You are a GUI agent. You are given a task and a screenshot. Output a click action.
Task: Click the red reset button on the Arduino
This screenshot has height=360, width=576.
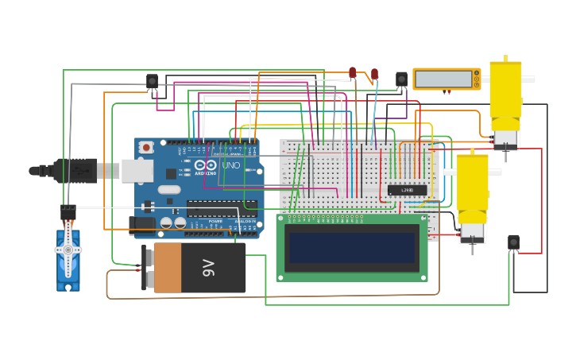[x=146, y=147]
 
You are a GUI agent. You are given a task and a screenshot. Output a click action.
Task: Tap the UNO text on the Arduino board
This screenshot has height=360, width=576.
[x=230, y=165]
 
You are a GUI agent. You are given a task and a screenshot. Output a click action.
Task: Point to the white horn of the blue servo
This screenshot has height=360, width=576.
[x=68, y=250]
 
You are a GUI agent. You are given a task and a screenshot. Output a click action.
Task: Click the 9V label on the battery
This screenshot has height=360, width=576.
[x=207, y=267]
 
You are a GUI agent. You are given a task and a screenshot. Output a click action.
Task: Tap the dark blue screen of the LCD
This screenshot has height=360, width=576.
[x=351, y=247]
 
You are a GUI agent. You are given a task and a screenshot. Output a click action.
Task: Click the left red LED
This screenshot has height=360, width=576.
[x=353, y=72]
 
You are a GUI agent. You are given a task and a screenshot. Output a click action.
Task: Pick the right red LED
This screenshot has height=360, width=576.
[x=374, y=74]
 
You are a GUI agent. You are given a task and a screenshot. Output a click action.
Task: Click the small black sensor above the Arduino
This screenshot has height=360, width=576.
[x=152, y=80]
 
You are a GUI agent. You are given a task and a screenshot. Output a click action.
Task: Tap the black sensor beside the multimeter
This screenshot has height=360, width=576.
[x=401, y=79]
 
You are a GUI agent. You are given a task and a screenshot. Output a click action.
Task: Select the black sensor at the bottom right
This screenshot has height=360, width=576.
[x=513, y=242]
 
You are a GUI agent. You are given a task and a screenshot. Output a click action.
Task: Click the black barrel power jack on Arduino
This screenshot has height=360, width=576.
[x=142, y=226]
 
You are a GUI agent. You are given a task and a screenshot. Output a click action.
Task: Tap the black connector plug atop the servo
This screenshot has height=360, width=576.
[x=68, y=211]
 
